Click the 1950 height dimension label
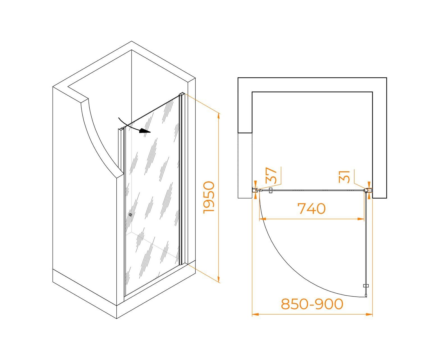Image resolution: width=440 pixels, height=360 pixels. pyautogui.click(x=209, y=197)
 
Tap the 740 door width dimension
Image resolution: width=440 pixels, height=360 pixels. pyautogui.click(x=312, y=209)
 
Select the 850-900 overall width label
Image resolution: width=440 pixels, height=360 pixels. pyautogui.click(x=312, y=304)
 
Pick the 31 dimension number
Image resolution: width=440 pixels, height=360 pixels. pyautogui.click(x=345, y=177)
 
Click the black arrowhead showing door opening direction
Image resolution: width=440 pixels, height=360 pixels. pyautogui.click(x=145, y=131)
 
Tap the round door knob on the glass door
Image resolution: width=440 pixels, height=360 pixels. pyautogui.click(x=130, y=215)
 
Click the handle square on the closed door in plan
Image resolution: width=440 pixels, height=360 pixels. pyautogui.click(x=271, y=190)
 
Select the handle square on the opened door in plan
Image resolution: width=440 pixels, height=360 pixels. pyautogui.click(x=365, y=286)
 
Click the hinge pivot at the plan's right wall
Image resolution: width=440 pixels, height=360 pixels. pyautogui.click(x=366, y=190)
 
